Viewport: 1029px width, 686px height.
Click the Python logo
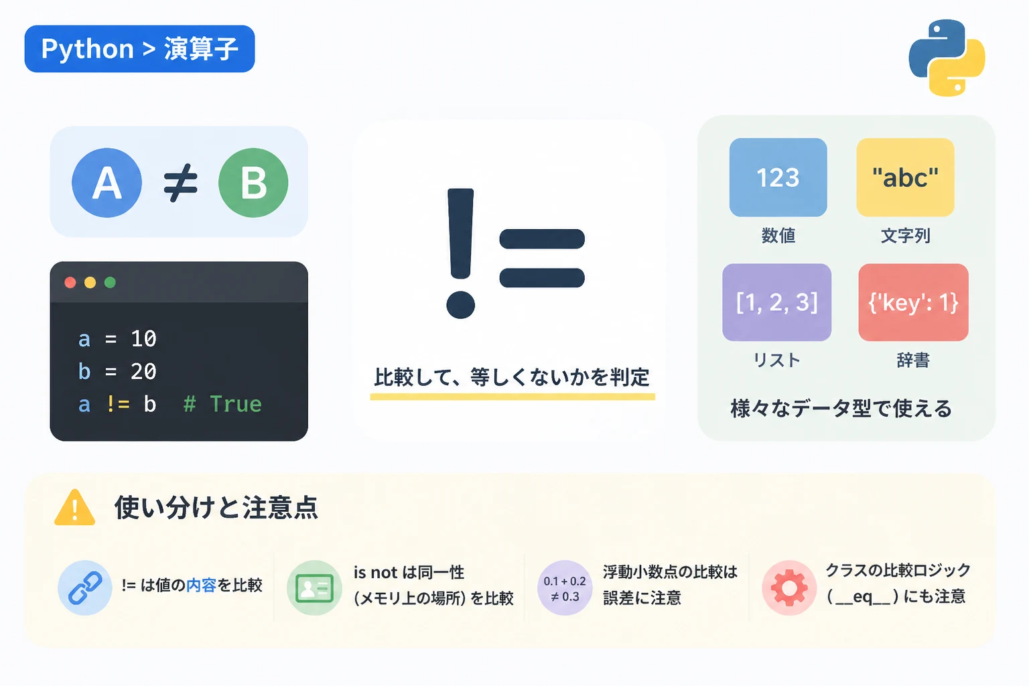click(x=947, y=58)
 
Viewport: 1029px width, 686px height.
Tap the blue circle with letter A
click(x=107, y=182)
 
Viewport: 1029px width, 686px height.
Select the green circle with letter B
click(x=253, y=182)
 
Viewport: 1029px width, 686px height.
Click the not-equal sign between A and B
click(x=180, y=183)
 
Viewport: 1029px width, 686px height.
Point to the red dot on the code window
click(x=70, y=282)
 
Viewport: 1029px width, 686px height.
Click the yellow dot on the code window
click(x=90, y=282)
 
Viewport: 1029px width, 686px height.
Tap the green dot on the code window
click(x=110, y=282)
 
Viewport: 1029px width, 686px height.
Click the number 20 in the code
click(x=143, y=371)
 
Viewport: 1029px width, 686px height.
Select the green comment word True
click(x=236, y=404)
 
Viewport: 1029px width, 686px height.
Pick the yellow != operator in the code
click(x=118, y=404)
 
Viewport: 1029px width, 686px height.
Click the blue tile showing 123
click(x=778, y=178)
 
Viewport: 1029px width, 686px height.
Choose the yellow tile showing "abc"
click(x=906, y=178)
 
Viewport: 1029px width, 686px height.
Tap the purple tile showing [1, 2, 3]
click(x=777, y=302)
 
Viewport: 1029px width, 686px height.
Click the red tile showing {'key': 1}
click(x=913, y=302)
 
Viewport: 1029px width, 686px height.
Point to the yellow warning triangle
click(x=75, y=508)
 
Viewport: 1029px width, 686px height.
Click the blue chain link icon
click(x=85, y=588)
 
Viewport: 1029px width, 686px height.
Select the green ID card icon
click(x=314, y=588)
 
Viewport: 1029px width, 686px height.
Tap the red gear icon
click(x=788, y=588)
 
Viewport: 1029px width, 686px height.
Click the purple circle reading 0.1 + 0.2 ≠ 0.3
click(x=565, y=588)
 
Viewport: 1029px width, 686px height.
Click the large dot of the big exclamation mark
click(x=460, y=305)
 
